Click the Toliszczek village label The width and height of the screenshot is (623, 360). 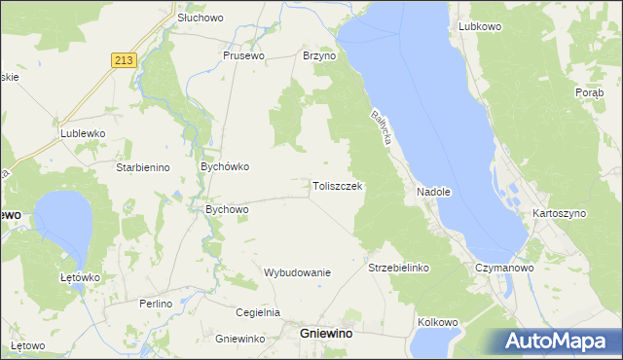[337, 186]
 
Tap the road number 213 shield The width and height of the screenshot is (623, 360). [124, 60]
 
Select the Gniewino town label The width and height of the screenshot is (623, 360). [326, 334]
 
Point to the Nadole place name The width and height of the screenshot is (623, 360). [434, 192]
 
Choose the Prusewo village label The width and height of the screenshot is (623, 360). [243, 56]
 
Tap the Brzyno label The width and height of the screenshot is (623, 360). [318, 56]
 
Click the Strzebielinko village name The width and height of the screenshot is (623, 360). [398, 267]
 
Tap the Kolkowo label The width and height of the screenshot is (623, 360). [437, 321]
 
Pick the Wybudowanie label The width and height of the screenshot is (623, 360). [298, 272]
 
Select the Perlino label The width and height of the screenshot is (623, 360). [155, 304]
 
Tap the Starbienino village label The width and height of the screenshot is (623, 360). [143, 167]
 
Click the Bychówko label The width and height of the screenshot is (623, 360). [225, 166]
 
